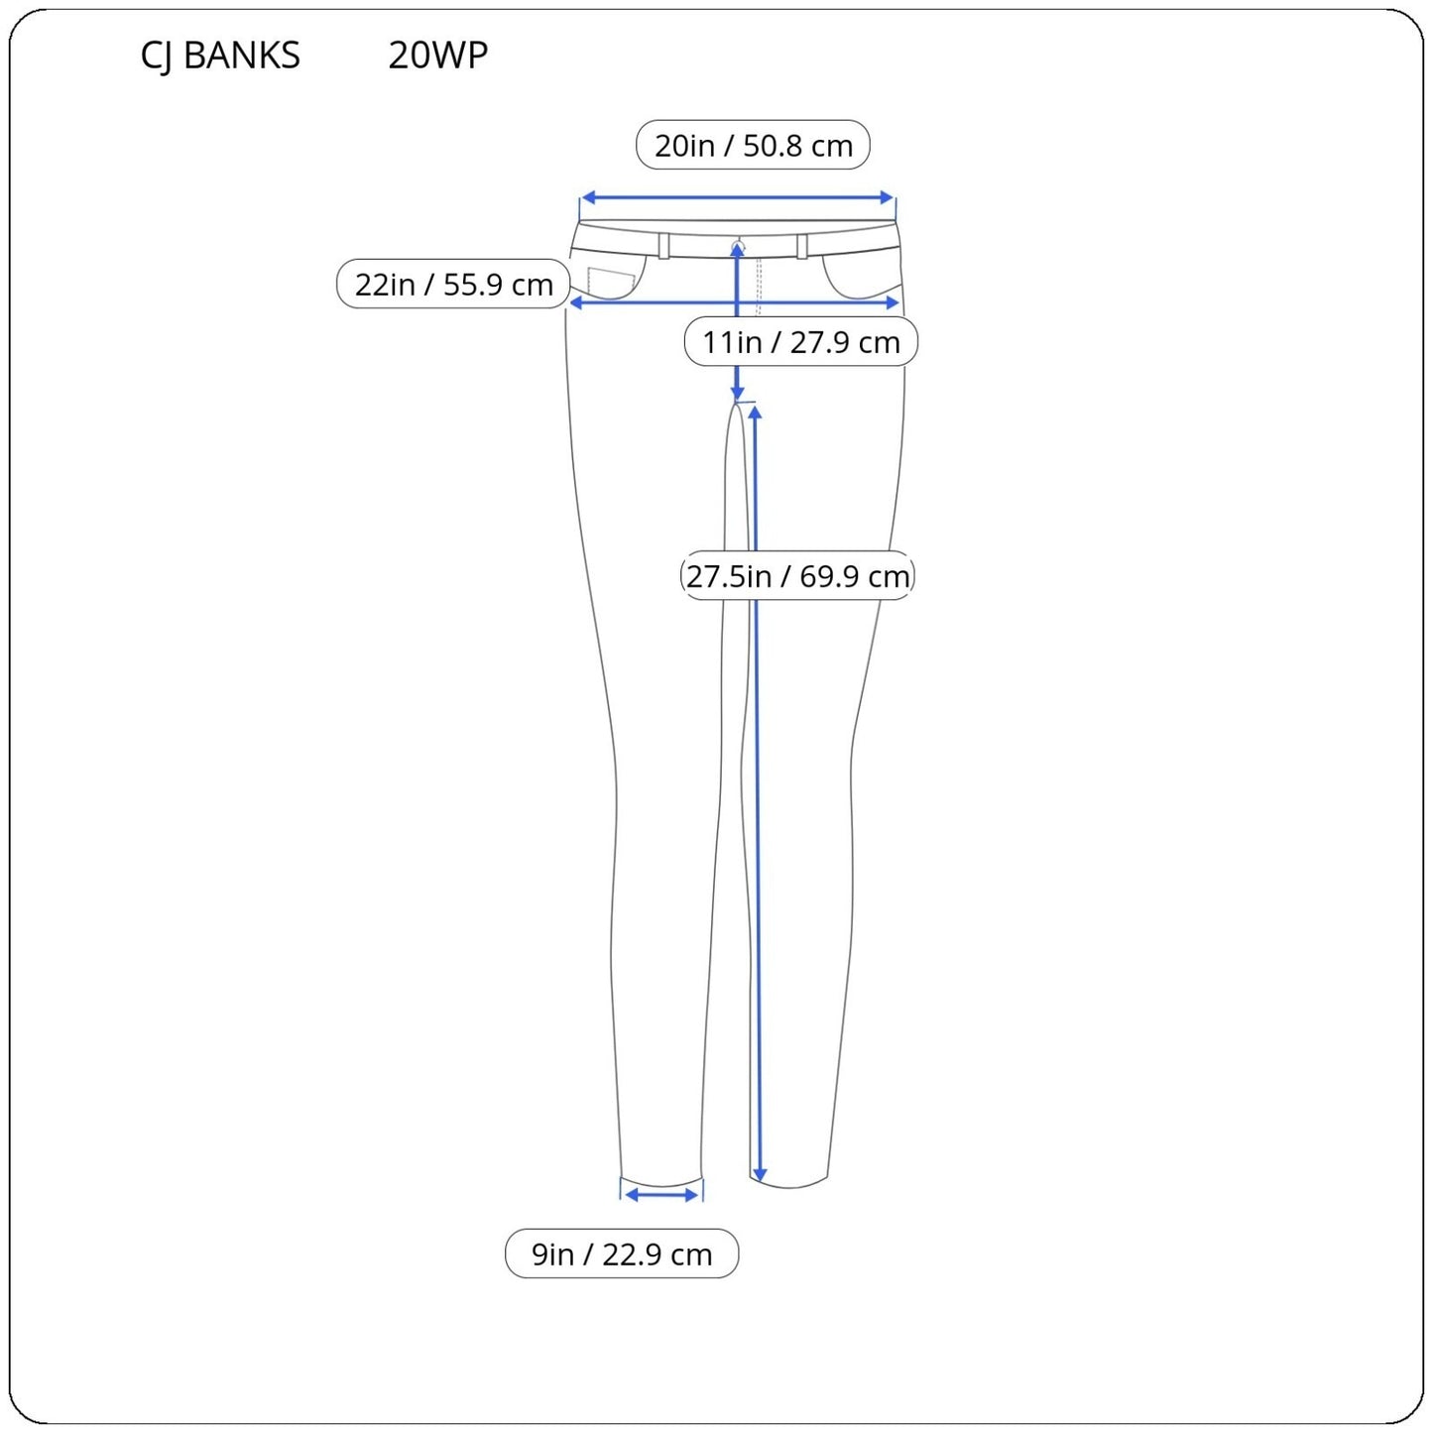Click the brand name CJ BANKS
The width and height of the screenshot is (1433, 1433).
click(x=220, y=56)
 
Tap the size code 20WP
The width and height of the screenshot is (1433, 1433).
click(x=437, y=56)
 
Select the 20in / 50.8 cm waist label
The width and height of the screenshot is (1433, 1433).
click(x=753, y=146)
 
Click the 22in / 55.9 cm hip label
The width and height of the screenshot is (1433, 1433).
click(x=453, y=285)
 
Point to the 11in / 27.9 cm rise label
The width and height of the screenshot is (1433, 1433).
click(x=800, y=342)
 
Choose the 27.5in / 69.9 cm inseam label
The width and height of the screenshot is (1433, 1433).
click(x=797, y=576)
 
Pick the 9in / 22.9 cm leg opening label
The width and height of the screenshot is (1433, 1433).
click(x=622, y=1254)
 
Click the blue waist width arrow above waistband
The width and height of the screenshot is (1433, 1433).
click(x=738, y=198)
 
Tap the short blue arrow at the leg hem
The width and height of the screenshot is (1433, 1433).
click(x=662, y=1196)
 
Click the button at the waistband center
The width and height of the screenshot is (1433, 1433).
click(x=737, y=245)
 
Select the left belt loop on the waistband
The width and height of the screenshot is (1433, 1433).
click(x=664, y=246)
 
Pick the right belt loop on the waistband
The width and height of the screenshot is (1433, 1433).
click(x=801, y=246)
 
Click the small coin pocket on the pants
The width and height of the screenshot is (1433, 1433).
click(x=611, y=283)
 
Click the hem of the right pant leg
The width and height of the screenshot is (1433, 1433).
click(x=789, y=1184)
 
